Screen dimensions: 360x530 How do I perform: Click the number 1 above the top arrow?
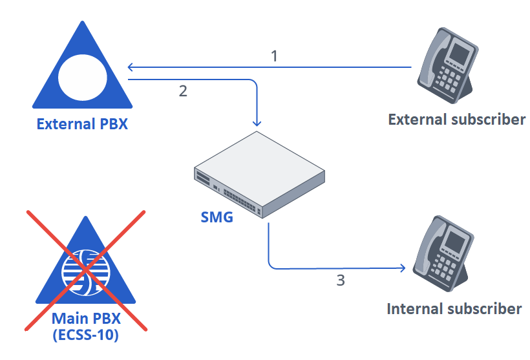pos(274,56)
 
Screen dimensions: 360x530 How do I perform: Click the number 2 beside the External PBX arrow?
pos(183,90)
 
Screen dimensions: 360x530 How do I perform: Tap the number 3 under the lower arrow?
pos(341,281)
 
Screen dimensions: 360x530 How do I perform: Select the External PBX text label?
pos(82,123)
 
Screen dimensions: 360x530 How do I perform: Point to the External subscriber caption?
pos(456,119)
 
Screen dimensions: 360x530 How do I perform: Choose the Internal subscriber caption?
pos(454,308)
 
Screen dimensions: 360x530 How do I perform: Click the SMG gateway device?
pos(259,175)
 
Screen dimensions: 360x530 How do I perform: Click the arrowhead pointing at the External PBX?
pos(131,67)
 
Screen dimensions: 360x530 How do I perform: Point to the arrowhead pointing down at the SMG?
pos(258,123)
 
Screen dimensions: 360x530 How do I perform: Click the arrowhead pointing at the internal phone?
pos(404,268)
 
